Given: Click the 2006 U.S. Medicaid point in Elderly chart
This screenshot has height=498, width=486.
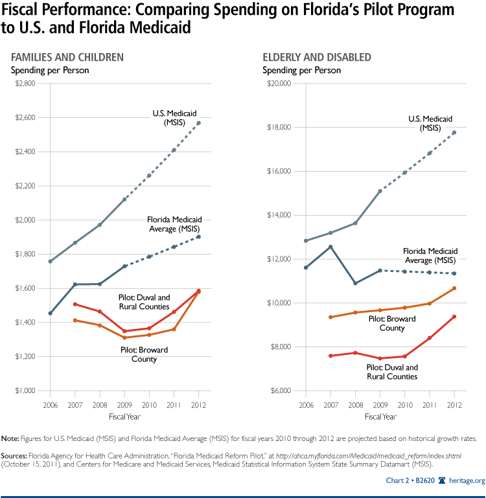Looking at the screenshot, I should pos(305,241).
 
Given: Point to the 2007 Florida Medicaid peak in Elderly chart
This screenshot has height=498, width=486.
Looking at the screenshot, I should pos(330,247).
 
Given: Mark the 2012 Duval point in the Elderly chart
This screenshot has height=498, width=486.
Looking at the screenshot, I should pos(454,317).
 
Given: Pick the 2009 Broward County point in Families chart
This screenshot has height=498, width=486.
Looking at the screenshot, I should pos(124,337).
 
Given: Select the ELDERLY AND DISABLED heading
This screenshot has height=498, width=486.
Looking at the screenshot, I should pos(317,58).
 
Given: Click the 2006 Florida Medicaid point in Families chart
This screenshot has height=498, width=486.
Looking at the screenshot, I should pos(51,313).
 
